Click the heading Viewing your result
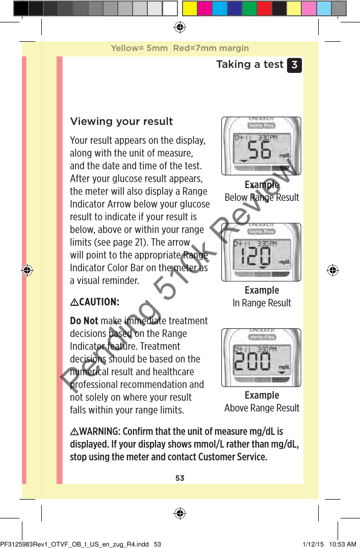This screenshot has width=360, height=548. [121, 121]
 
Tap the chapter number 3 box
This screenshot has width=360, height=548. [294, 65]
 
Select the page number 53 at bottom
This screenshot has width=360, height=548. [180, 478]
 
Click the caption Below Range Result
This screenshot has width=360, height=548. [262, 197]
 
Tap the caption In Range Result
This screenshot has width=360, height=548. [262, 303]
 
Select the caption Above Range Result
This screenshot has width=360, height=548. [262, 408]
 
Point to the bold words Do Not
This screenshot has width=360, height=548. [84, 321]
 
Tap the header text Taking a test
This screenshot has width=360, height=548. [250, 64]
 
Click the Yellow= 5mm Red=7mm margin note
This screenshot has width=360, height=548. [180, 48]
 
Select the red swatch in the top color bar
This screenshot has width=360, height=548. [264, 8]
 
